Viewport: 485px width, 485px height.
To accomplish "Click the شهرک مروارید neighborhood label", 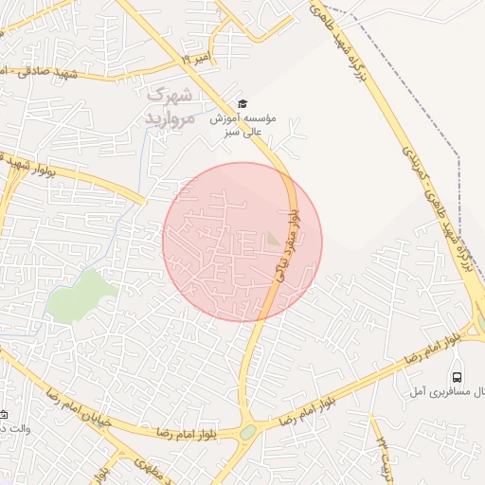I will tap(169, 106).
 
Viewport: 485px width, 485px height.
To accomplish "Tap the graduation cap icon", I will tap(242, 104).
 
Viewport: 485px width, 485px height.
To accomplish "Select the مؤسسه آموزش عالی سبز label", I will tap(243, 125).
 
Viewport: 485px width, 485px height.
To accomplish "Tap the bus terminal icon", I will tap(458, 377).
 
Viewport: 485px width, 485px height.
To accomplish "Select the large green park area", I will tap(80, 294).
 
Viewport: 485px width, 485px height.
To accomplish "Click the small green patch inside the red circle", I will tap(273, 239).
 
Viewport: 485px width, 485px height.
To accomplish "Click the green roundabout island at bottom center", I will tap(247, 432).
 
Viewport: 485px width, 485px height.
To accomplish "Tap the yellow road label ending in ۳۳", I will tap(385, 456).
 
